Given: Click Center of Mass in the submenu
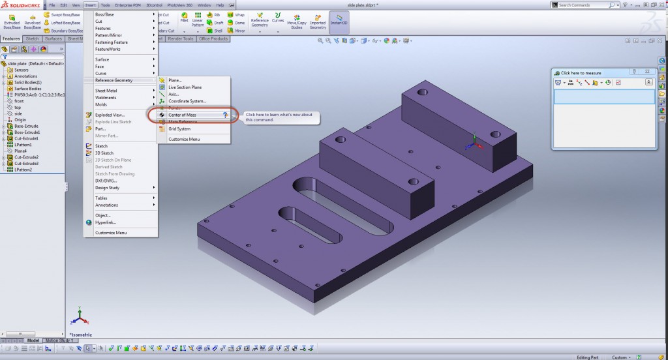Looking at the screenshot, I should (x=183, y=115).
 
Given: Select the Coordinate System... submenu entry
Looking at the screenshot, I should (x=187, y=101).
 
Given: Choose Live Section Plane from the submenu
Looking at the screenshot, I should (x=185, y=87).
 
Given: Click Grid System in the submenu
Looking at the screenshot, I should (x=179, y=128).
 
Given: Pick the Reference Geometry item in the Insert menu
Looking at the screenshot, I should (x=114, y=80).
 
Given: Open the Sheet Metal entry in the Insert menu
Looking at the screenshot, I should (x=106, y=91).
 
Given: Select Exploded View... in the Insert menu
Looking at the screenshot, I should (x=110, y=115).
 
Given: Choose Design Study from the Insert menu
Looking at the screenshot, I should (x=107, y=188).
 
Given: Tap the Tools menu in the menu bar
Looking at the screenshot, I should (x=105, y=5).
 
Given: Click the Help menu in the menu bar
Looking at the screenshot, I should (x=220, y=5).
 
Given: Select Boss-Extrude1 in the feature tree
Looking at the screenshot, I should (x=27, y=132).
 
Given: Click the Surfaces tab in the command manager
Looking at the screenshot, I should (x=53, y=39).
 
